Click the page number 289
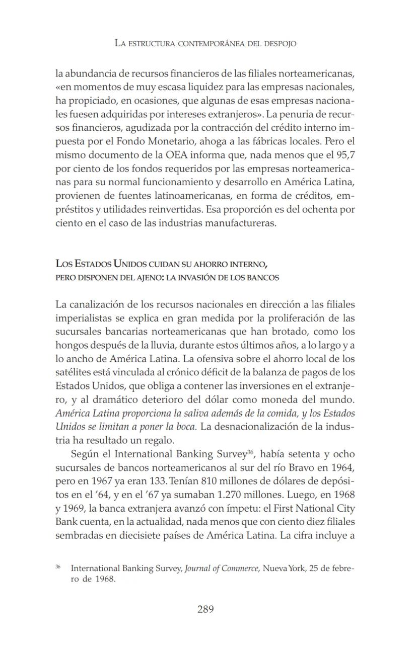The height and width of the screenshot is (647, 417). coord(205,609)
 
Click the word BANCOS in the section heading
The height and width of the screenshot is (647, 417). coord(261,277)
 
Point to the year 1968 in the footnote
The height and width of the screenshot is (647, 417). coord(105,579)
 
